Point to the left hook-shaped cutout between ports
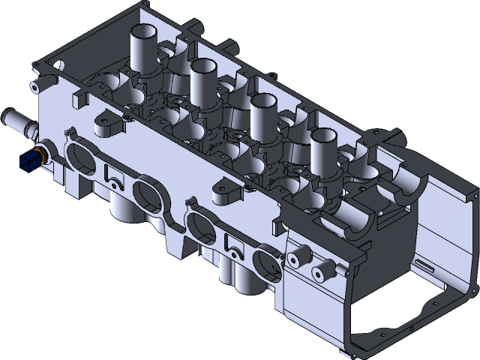(113, 175)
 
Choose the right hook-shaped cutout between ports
(233, 245)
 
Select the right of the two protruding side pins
(325, 267)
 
